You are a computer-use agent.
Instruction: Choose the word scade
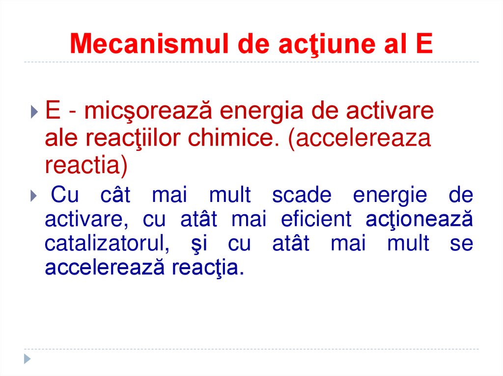coord(301,196)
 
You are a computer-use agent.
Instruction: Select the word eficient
coord(316,220)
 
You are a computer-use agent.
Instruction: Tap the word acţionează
coord(419,220)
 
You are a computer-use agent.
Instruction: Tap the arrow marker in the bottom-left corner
coord(28,358)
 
